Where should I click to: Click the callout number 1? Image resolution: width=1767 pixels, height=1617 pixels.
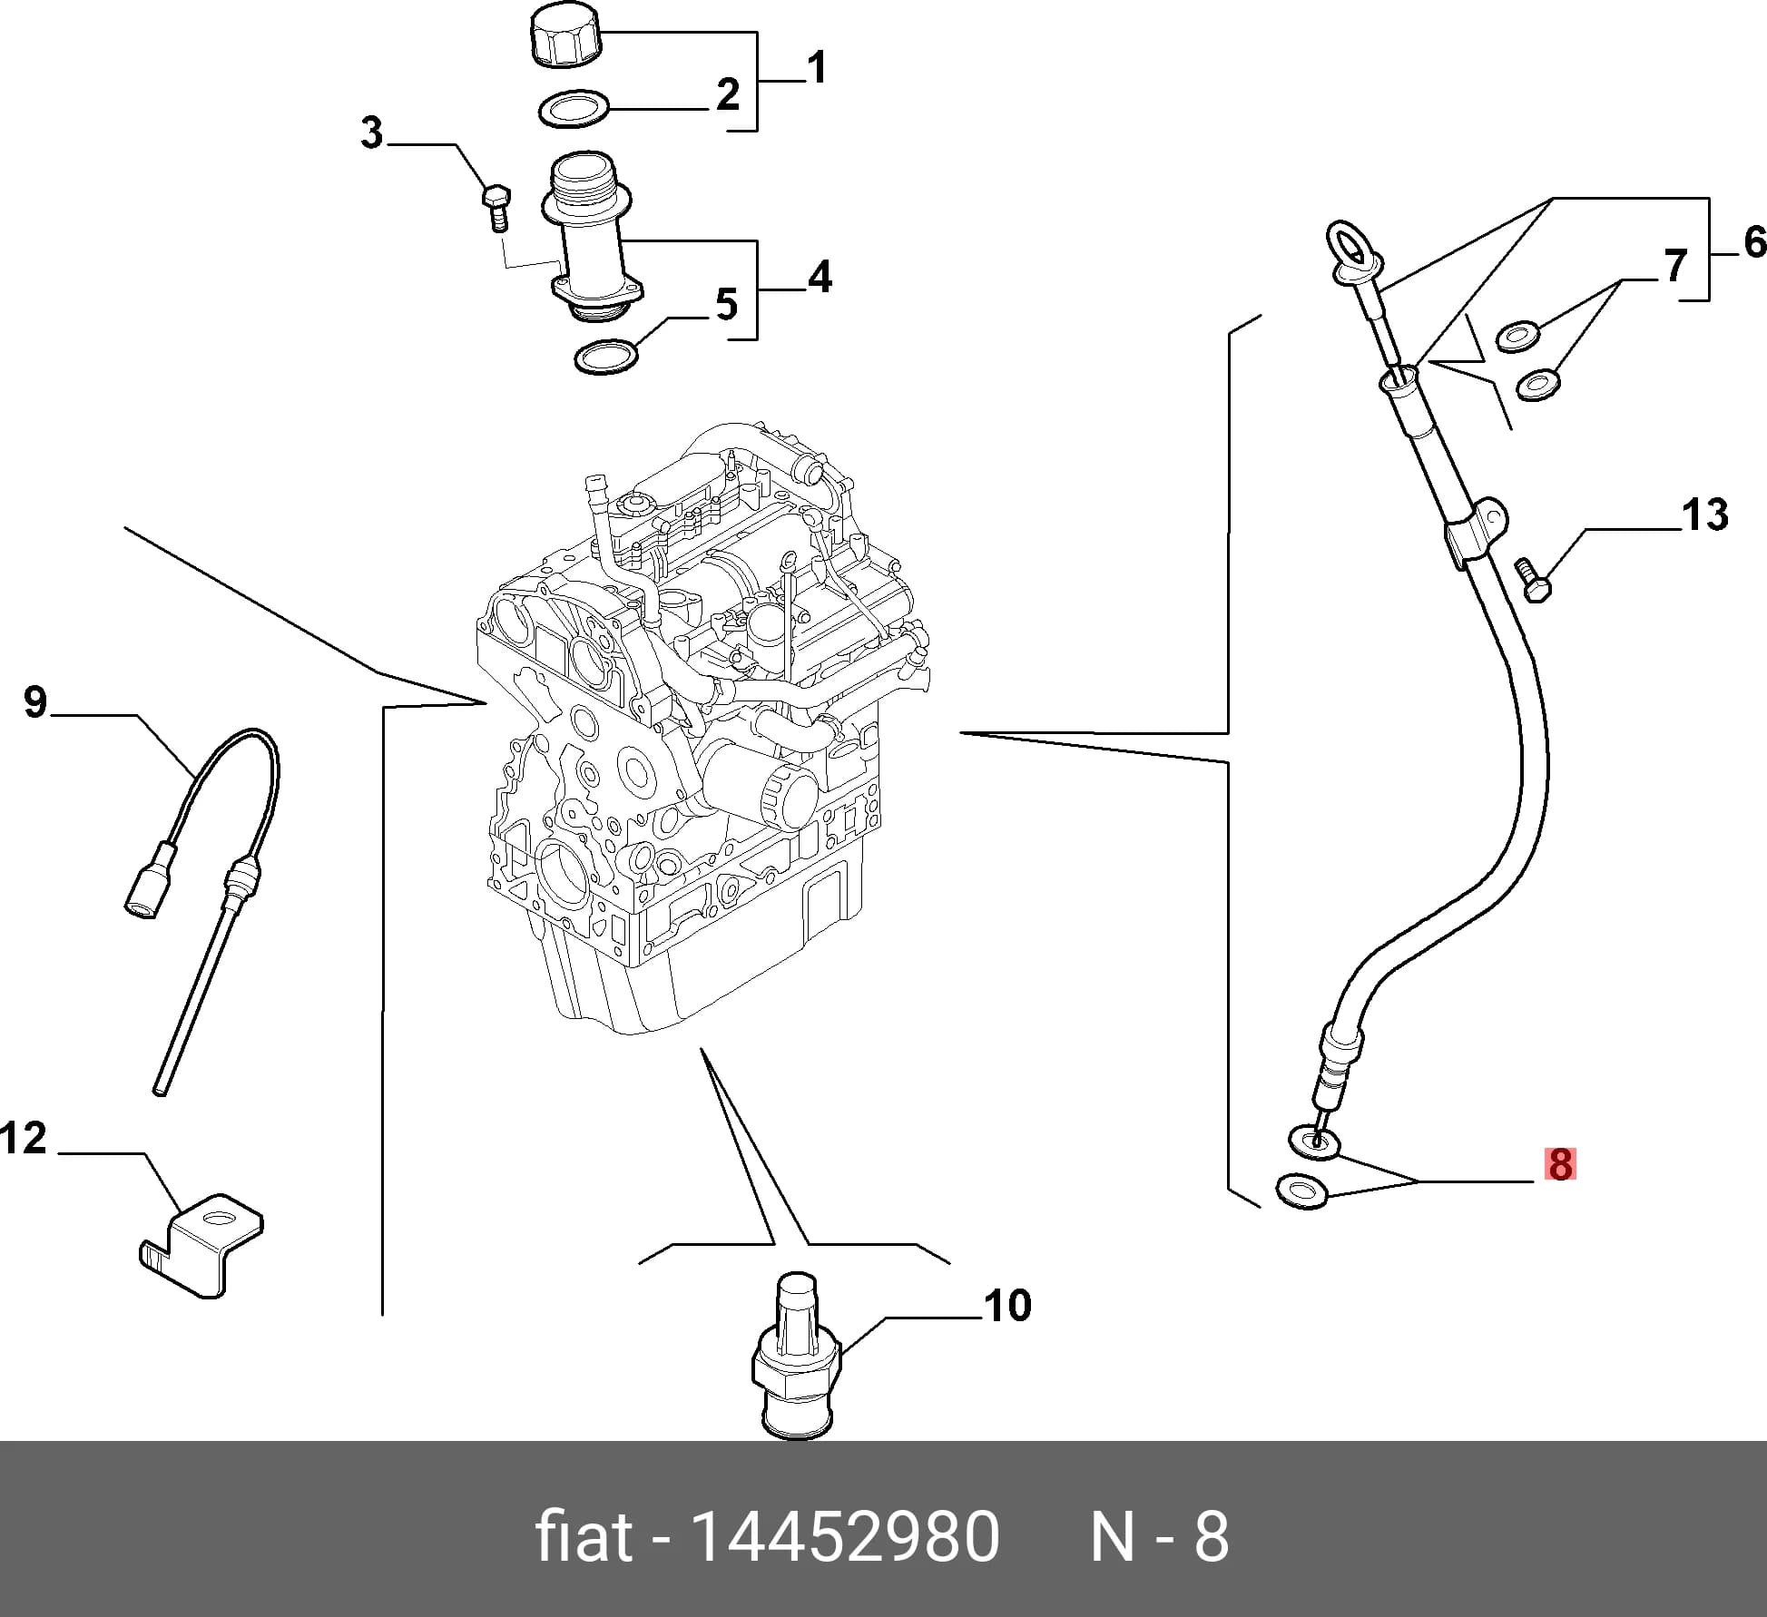click(817, 68)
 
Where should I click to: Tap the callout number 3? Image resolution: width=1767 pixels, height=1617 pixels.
click(372, 133)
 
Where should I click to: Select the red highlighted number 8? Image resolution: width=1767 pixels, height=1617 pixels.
click(1560, 1164)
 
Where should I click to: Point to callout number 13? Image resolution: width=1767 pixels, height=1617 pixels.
click(1705, 514)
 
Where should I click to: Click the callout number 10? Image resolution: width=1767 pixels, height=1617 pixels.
click(1007, 1306)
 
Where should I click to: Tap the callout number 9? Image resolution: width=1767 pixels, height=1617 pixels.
click(34, 702)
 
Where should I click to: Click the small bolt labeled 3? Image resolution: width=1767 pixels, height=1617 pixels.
click(496, 208)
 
